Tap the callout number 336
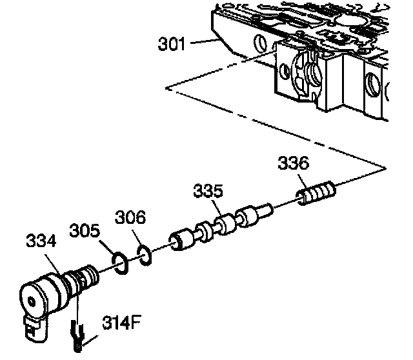(293, 165)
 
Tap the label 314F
(119, 322)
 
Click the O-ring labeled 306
(145, 255)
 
